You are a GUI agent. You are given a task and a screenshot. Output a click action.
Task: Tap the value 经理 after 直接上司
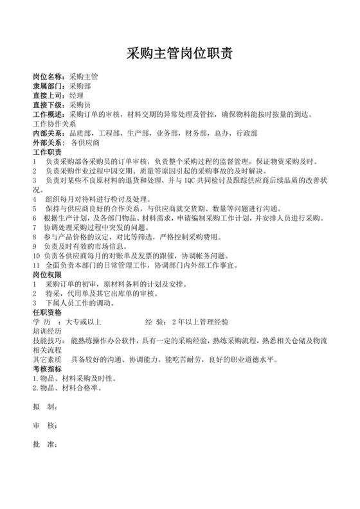76,96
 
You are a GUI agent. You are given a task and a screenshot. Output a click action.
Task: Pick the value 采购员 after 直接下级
80,105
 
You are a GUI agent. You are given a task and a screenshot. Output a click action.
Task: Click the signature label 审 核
44,426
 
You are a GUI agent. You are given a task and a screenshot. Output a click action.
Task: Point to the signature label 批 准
44,445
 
